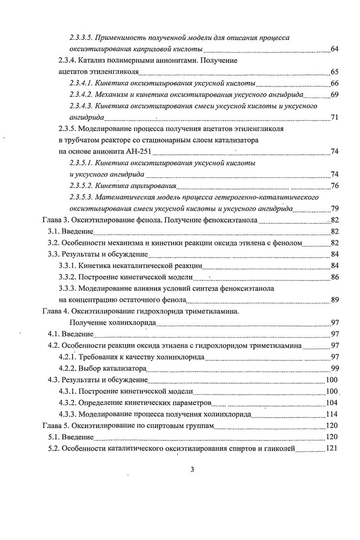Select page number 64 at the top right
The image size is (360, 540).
click(334, 49)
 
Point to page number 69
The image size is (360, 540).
click(334, 94)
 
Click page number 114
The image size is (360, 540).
click(332, 414)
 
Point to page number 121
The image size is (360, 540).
click(332, 448)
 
